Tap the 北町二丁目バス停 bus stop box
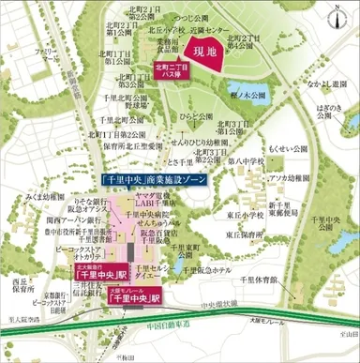[172, 68]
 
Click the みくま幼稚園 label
[44, 197]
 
